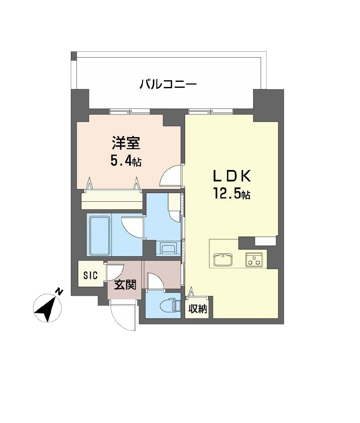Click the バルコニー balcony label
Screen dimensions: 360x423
[x=168, y=84]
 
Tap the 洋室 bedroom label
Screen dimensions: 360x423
[x=126, y=143]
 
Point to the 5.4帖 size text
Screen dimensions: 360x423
[x=126, y=161]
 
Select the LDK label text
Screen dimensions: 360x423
[x=232, y=176]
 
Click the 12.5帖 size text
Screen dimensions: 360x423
[x=232, y=193]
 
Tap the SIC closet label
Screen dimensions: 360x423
[x=90, y=275]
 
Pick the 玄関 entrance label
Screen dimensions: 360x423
[x=125, y=285]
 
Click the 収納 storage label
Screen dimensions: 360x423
[x=198, y=309]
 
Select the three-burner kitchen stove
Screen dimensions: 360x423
[x=254, y=259]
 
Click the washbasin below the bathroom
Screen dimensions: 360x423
[x=168, y=248]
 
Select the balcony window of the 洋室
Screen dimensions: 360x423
[x=130, y=111]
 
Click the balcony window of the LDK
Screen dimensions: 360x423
[x=211, y=111]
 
